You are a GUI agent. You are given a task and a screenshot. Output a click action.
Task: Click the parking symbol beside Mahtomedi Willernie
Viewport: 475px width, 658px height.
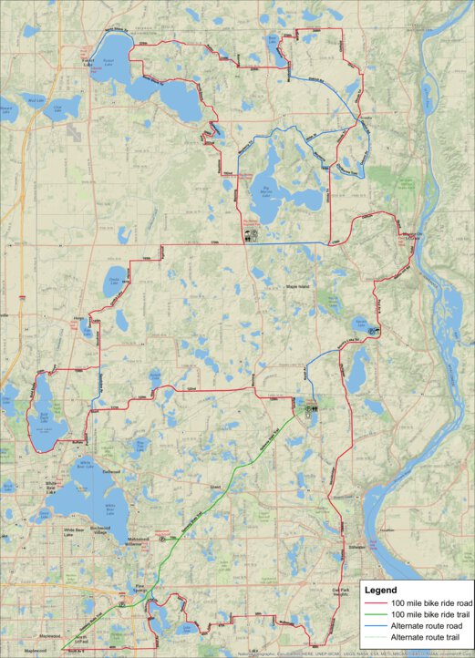point(161,540)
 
